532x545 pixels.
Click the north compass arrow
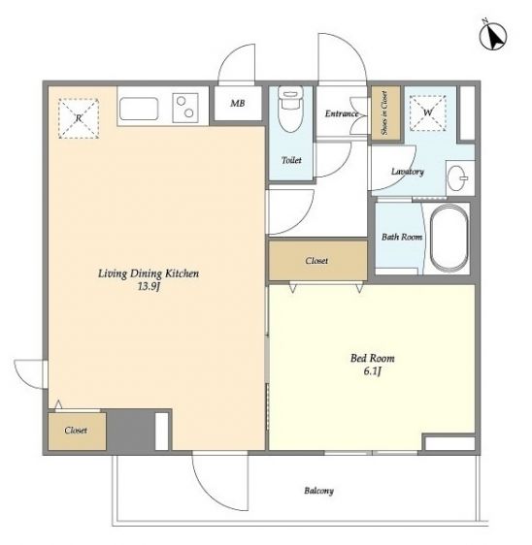pos(494,36)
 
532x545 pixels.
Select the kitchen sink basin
pos(139,109)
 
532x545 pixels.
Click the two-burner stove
pos(185,108)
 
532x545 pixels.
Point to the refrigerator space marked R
pos(79,118)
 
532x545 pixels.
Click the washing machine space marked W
pos(427,113)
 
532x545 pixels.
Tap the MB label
pos(237,103)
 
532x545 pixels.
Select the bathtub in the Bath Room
pos(449,239)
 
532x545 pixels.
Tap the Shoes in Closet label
pos(384,112)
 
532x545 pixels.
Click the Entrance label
pos(342,113)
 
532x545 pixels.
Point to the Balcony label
pos(318,491)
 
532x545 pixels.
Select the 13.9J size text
pos(149,287)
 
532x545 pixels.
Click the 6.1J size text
pos(372,371)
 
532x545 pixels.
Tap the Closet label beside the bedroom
pos(316,261)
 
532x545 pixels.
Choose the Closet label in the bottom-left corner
pos(76,431)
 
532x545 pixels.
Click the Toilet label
pos(291,160)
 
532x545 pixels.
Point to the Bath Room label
pos(402,237)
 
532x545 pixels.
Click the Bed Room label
pos(372,358)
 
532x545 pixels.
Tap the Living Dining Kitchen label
pos(149,273)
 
